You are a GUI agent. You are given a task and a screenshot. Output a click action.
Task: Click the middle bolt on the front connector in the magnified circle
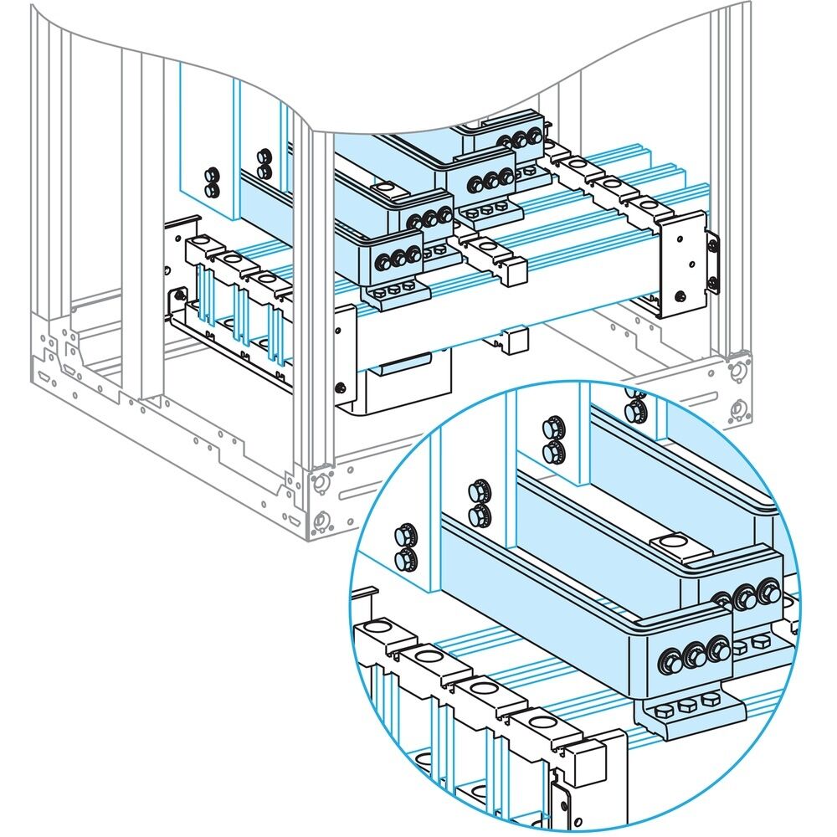(x=696, y=656)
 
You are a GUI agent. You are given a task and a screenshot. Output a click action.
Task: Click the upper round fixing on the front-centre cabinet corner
(x=319, y=483)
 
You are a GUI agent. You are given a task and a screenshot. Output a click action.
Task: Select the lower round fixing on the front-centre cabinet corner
(x=319, y=521)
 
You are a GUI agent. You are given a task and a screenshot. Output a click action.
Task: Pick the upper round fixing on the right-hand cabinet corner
(x=738, y=369)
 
